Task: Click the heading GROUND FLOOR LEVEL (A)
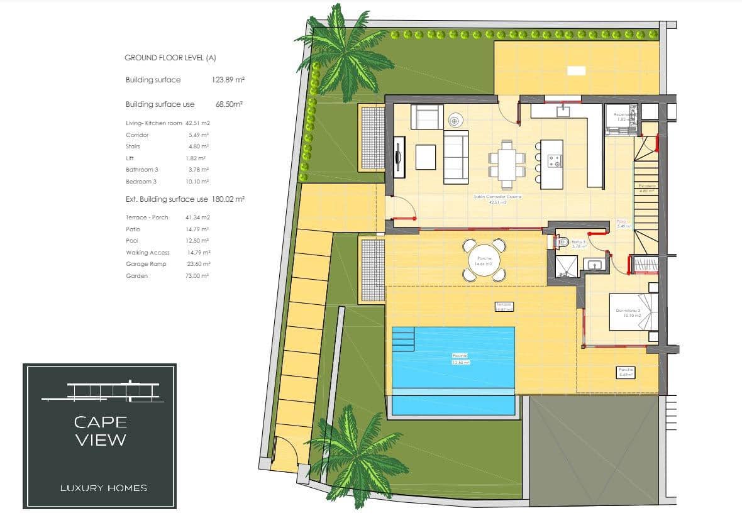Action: [x=170, y=58]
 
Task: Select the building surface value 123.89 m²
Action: [x=228, y=80]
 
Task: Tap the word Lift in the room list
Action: [x=130, y=158]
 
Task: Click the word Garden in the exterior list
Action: [x=136, y=276]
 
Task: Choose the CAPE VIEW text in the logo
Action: [x=101, y=431]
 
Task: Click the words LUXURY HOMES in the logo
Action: [x=103, y=488]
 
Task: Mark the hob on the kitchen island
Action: [x=555, y=161]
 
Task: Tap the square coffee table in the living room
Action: [x=426, y=157]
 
